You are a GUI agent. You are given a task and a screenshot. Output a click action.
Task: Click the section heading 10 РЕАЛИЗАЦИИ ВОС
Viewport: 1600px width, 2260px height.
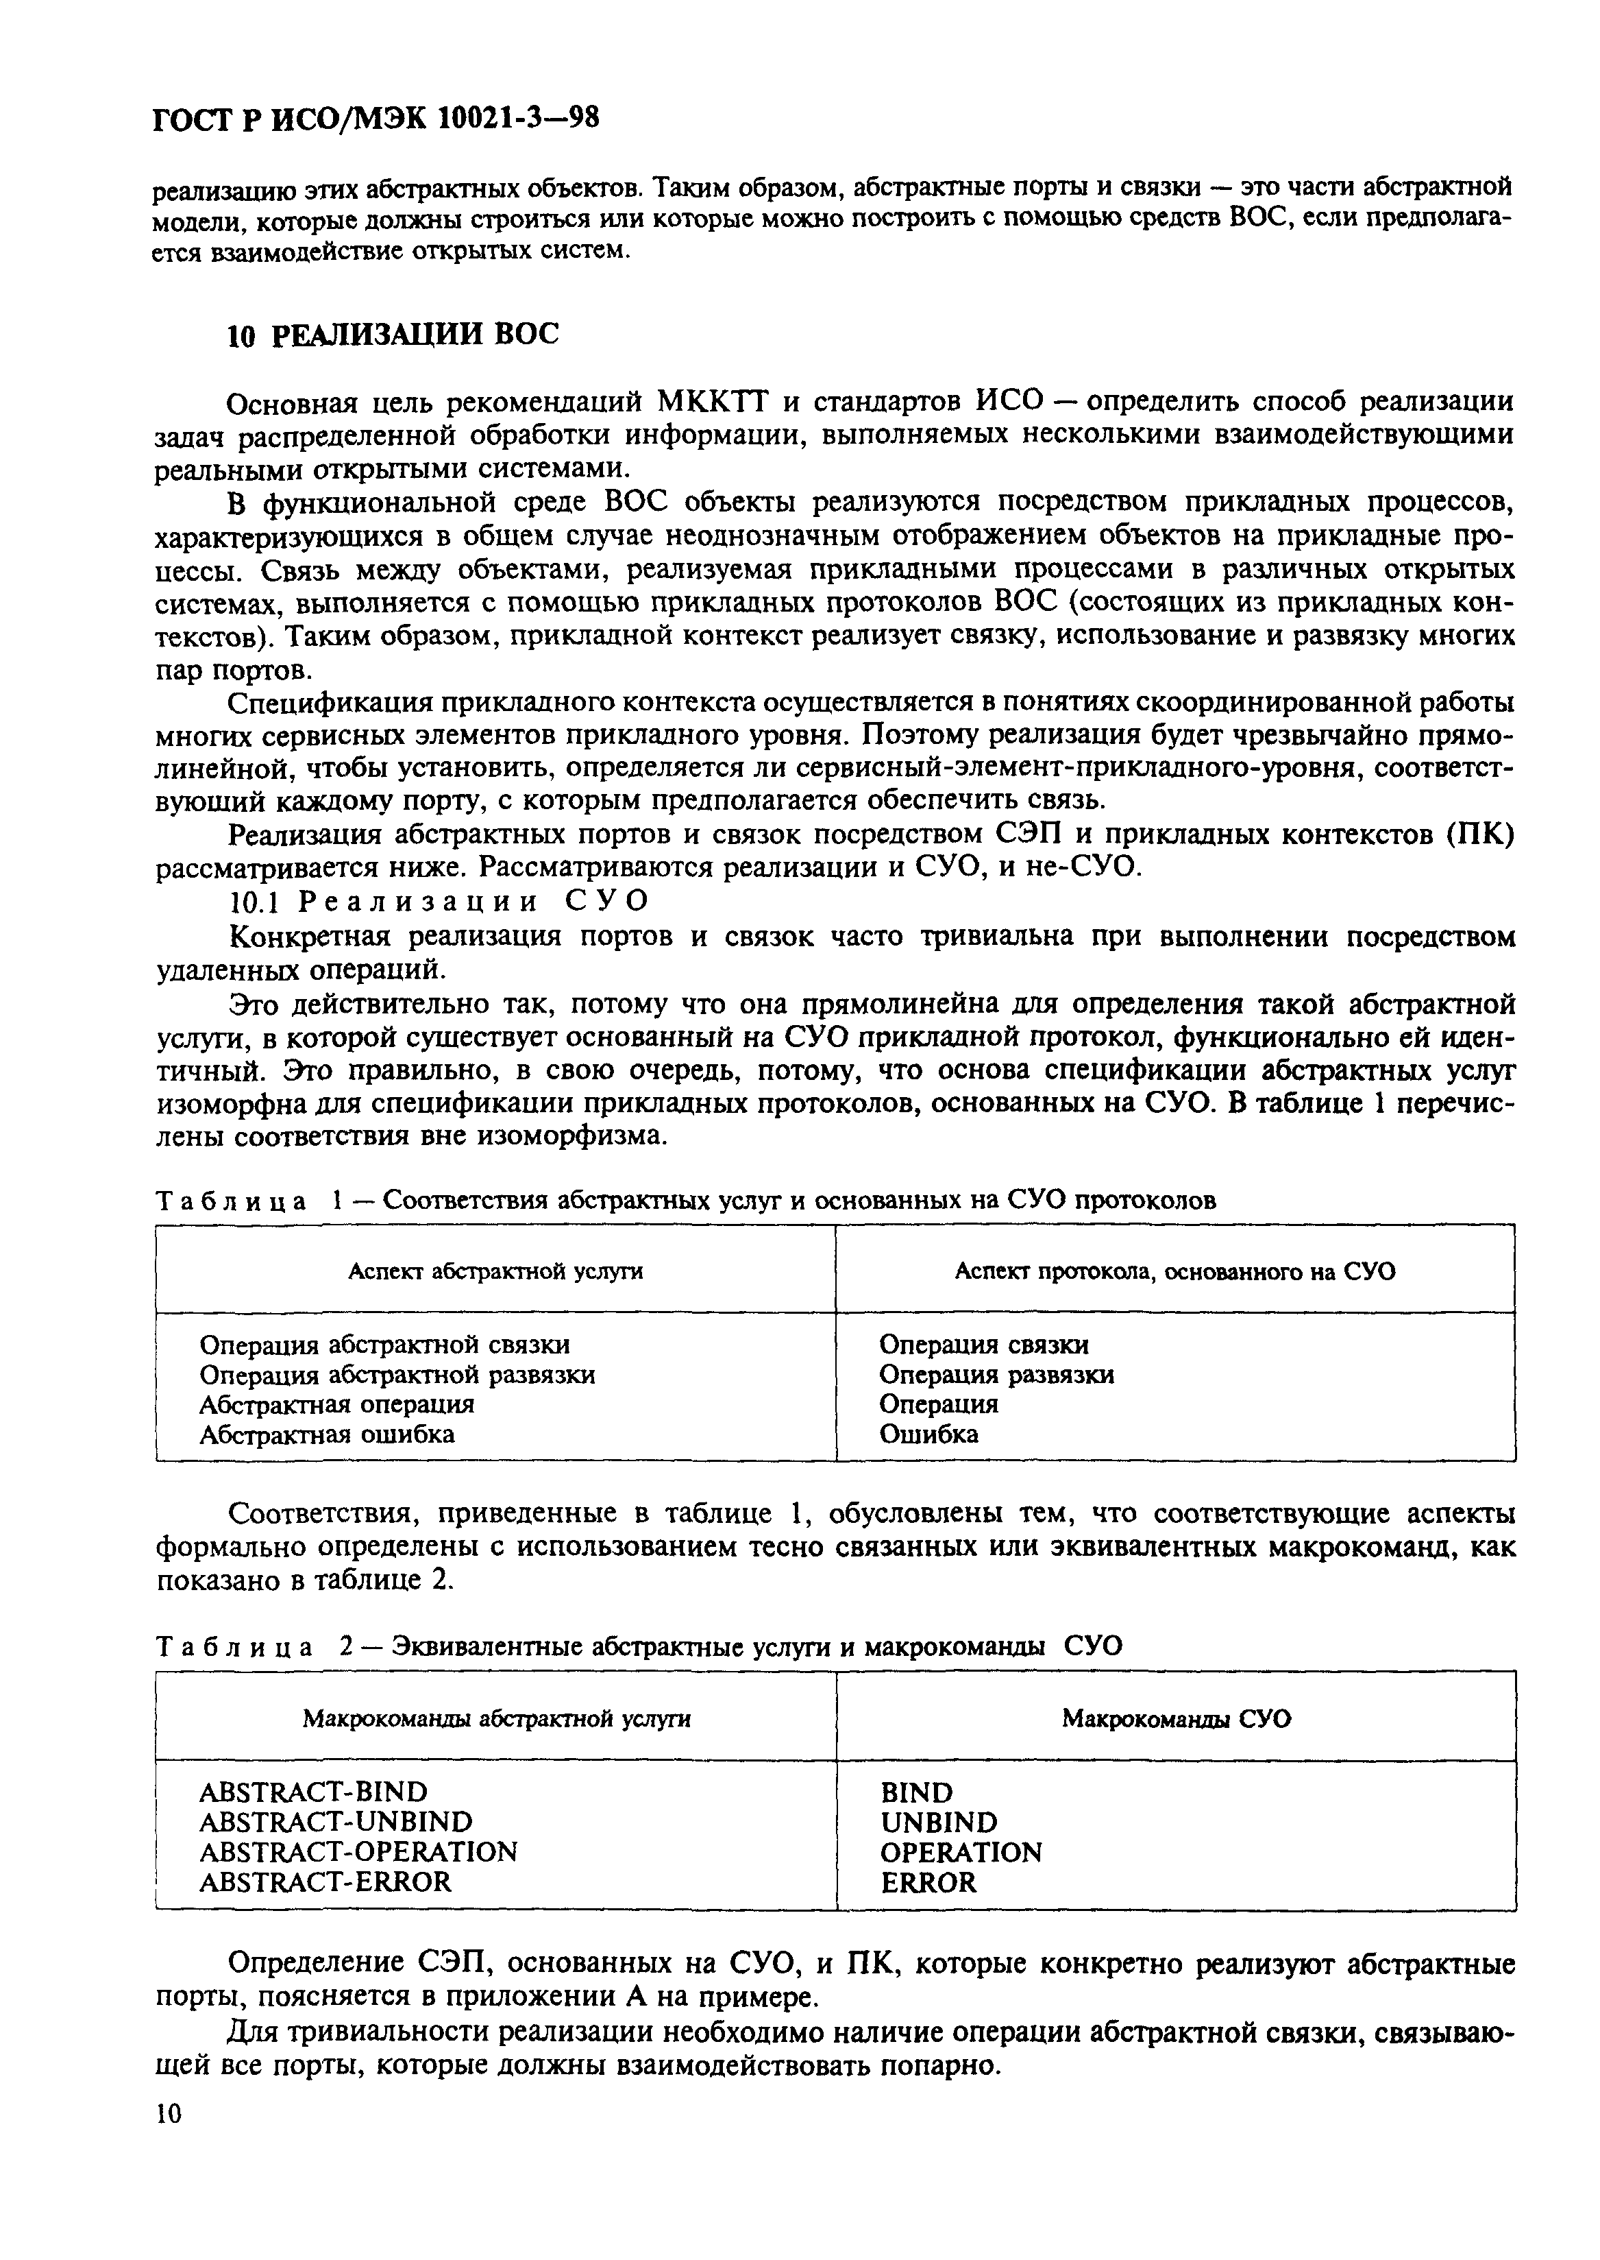click(x=392, y=335)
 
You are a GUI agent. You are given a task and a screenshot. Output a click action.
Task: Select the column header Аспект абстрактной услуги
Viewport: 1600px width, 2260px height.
click(x=495, y=1271)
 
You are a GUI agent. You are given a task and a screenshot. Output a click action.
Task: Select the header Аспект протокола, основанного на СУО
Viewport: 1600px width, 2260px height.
click(x=1174, y=1271)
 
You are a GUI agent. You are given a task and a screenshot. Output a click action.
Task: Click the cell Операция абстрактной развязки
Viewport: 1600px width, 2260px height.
click(x=397, y=1375)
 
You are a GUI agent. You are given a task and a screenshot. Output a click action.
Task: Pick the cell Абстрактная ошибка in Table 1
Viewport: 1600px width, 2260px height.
click(x=327, y=1434)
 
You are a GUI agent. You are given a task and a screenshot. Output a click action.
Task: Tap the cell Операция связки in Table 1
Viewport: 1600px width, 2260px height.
click(x=983, y=1345)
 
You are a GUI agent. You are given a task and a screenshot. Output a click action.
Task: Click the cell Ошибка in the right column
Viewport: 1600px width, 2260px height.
click(x=928, y=1434)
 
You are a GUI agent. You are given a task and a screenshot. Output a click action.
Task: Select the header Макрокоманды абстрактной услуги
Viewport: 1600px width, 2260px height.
click(x=495, y=1719)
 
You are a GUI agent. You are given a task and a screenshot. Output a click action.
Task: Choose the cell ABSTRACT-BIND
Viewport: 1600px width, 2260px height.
click(x=313, y=1792)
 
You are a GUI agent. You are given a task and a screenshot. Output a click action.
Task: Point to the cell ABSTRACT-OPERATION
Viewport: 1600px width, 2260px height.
click(x=358, y=1852)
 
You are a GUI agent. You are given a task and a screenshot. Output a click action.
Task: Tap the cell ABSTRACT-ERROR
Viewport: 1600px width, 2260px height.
click(x=325, y=1882)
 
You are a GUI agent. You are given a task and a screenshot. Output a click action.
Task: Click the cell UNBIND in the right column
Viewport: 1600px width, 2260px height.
click(x=938, y=1823)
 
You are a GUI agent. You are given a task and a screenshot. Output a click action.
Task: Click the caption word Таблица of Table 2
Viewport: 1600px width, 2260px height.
click(x=234, y=1647)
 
